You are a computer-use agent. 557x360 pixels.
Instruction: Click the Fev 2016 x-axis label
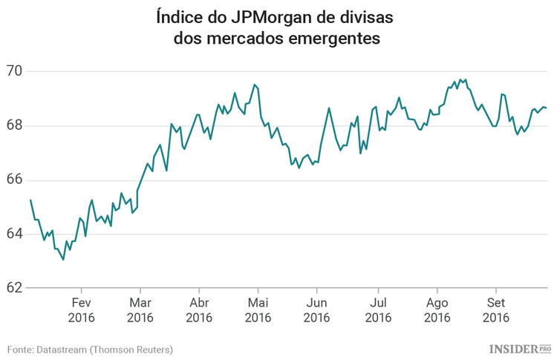81,310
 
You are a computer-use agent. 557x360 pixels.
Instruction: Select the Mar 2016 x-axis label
140,310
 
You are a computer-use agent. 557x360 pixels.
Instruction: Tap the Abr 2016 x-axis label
199,310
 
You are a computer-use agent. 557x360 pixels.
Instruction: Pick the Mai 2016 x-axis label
258,310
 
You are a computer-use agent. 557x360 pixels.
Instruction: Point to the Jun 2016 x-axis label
317,310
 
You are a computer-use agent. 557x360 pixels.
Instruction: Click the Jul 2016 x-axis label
377,310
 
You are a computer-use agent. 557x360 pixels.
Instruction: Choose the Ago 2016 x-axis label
437,310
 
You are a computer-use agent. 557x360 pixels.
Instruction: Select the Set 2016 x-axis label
495,310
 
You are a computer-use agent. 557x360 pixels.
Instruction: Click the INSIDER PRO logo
520,348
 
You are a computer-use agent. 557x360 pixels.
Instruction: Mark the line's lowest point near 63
63,260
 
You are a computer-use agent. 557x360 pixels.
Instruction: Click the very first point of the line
30,200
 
